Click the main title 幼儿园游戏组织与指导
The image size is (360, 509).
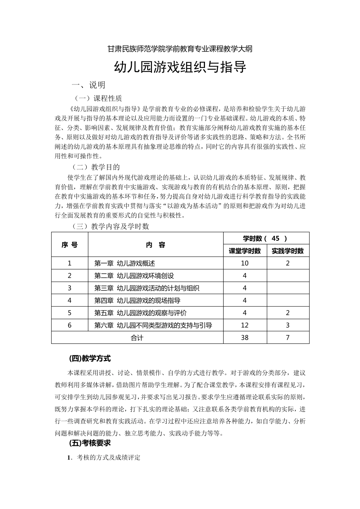click(180, 67)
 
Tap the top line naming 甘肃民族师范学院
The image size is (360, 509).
click(180, 48)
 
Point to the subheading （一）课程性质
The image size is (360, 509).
click(98, 98)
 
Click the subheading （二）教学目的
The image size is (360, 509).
click(97, 167)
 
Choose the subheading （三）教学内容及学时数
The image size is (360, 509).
click(111, 226)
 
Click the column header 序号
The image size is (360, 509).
click(70, 245)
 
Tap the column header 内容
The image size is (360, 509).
click(156, 245)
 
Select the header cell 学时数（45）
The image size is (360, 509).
click(266, 238)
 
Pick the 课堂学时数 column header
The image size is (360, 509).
click(245, 251)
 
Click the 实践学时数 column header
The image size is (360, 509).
click(288, 251)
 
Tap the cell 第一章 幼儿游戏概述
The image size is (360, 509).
click(125, 263)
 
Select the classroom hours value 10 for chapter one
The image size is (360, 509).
click(244, 263)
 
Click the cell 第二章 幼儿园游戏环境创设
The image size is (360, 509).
click(134, 276)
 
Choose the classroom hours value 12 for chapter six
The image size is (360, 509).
click(244, 325)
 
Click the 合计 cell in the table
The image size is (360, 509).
click(137, 337)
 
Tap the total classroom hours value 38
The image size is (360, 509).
click(244, 337)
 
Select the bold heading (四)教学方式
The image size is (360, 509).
click(89, 358)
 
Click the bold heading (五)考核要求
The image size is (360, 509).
click(89, 443)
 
